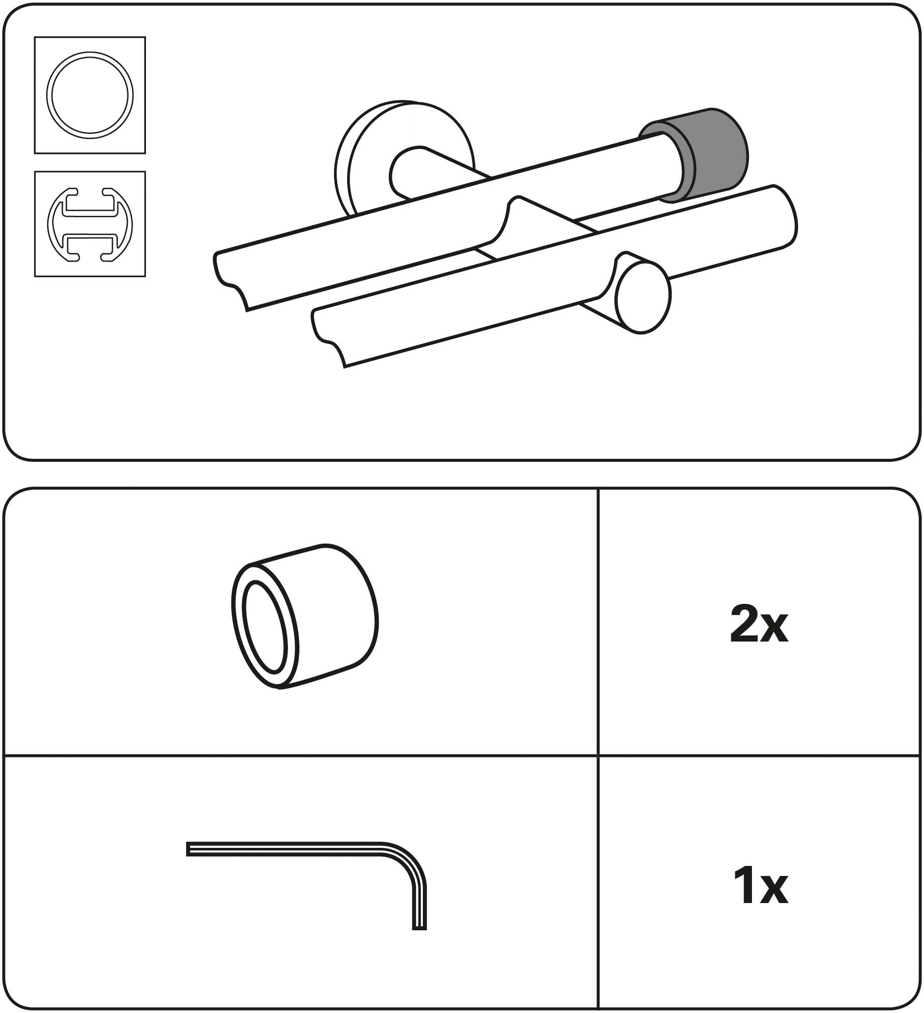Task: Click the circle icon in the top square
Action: point(90,95)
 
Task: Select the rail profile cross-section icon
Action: point(90,224)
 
